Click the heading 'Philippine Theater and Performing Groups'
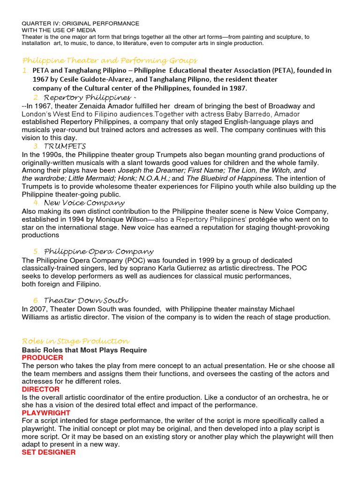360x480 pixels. point(110,61)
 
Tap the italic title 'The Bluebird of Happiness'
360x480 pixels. point(229,179)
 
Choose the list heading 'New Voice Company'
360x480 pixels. point(84,203)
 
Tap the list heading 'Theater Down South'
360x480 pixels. point(86,300)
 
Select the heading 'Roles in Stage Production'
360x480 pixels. point(75,341)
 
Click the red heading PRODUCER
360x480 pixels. point(42,358)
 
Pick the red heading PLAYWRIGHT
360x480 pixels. point(46,413)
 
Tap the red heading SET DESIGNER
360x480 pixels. point(49,452)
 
